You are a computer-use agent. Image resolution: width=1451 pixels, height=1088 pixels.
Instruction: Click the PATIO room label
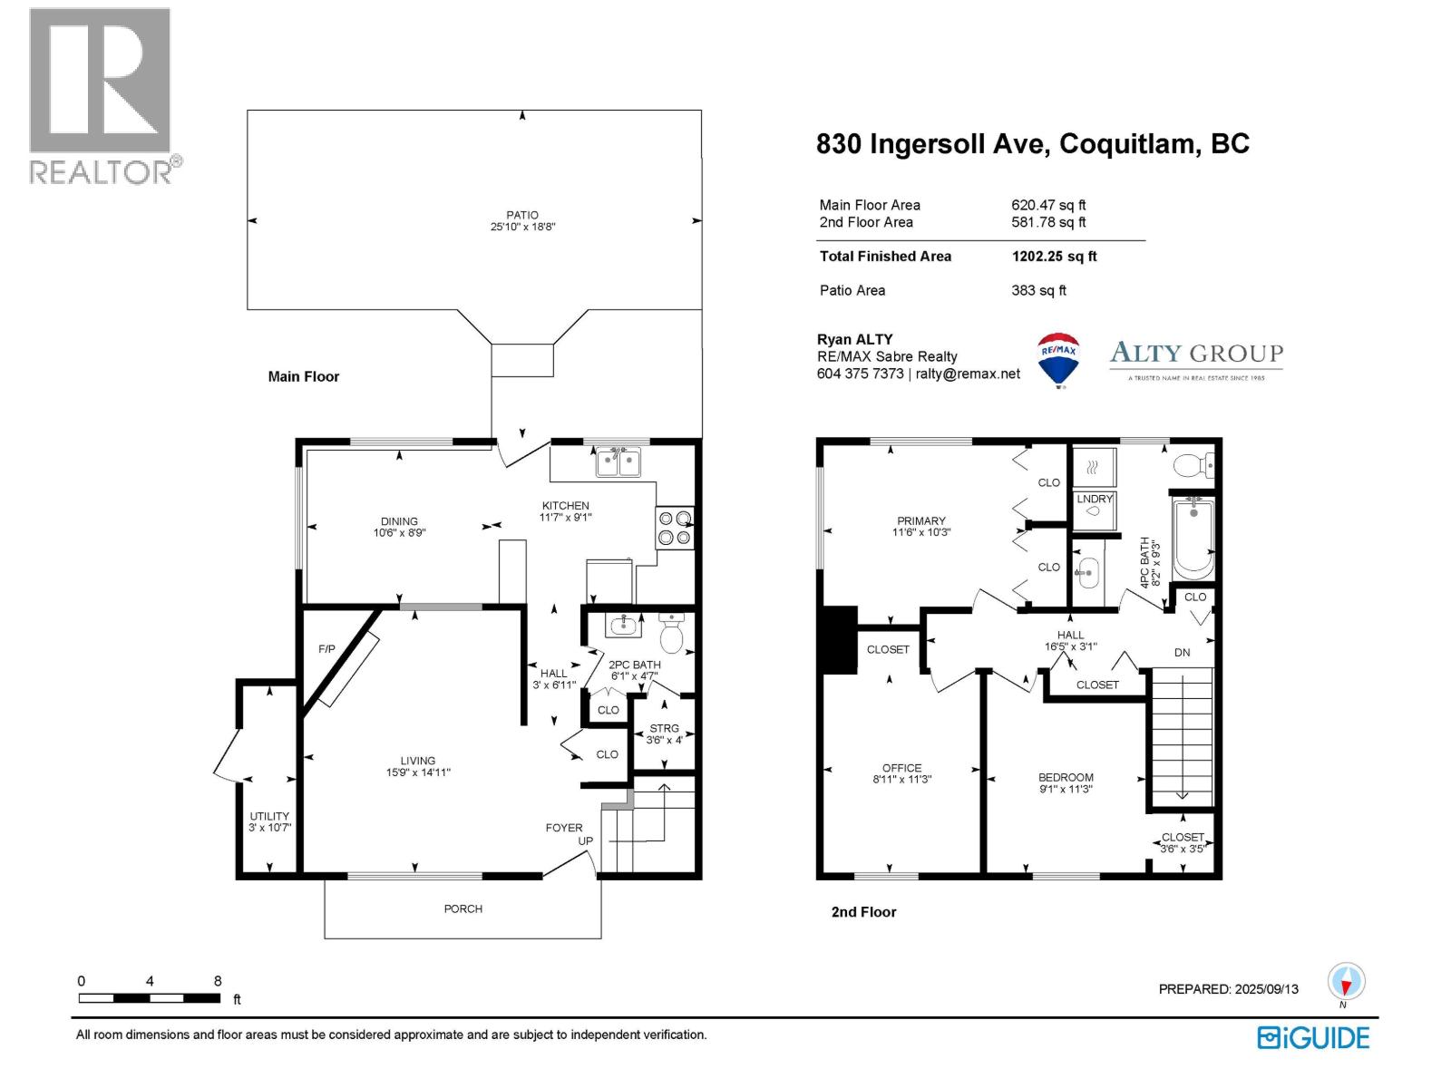point(522,215)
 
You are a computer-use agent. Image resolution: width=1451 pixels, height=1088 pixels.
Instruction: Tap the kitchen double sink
point(618,462)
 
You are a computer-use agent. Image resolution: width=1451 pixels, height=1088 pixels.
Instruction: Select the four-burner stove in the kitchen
point(675,528)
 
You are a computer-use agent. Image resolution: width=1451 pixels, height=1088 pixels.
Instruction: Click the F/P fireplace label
point(326,649)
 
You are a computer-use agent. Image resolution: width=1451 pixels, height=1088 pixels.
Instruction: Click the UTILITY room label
point(269,816)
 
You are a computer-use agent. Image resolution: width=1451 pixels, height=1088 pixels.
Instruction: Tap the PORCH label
point(463,908)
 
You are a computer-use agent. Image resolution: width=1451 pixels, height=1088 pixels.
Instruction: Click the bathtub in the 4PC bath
point(1193,539)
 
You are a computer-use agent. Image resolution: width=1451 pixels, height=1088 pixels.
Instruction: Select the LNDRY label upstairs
point(1095,499)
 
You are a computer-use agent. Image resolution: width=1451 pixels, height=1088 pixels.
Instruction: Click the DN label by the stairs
point(1182,652)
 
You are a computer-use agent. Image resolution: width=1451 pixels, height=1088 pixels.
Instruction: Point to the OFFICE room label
point(901,768)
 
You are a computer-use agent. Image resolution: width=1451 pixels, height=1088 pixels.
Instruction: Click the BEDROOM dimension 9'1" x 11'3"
point(1066,789)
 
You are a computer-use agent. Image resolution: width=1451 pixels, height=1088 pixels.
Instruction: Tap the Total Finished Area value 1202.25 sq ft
point(1054,257)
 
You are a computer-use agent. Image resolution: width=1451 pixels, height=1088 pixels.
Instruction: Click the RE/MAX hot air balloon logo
point(1058,358)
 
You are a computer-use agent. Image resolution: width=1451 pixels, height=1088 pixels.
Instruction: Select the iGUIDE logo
point(1313,1037)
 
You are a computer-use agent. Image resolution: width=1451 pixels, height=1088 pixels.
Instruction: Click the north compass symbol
point(1346,982)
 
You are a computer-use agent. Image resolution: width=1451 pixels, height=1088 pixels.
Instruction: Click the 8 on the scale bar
point(218,981)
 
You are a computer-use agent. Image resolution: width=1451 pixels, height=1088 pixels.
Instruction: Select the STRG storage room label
point(664,728)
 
